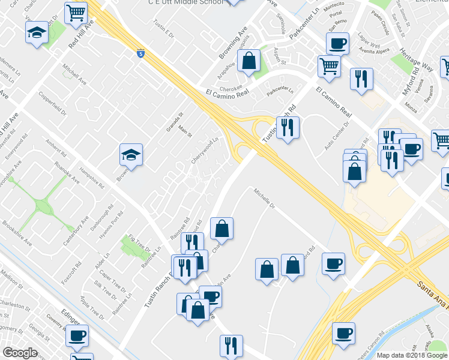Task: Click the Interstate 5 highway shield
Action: coord(140,54)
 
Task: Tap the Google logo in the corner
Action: coord(20,353)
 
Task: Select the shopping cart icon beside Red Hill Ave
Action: coord(75,13)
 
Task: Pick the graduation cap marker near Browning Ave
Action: coord(131,155)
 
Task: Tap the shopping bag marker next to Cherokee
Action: coord(249,61)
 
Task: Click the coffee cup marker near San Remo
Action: coord(337,44)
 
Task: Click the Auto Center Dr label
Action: coord(336,140)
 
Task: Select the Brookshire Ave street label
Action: coord(17,232)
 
